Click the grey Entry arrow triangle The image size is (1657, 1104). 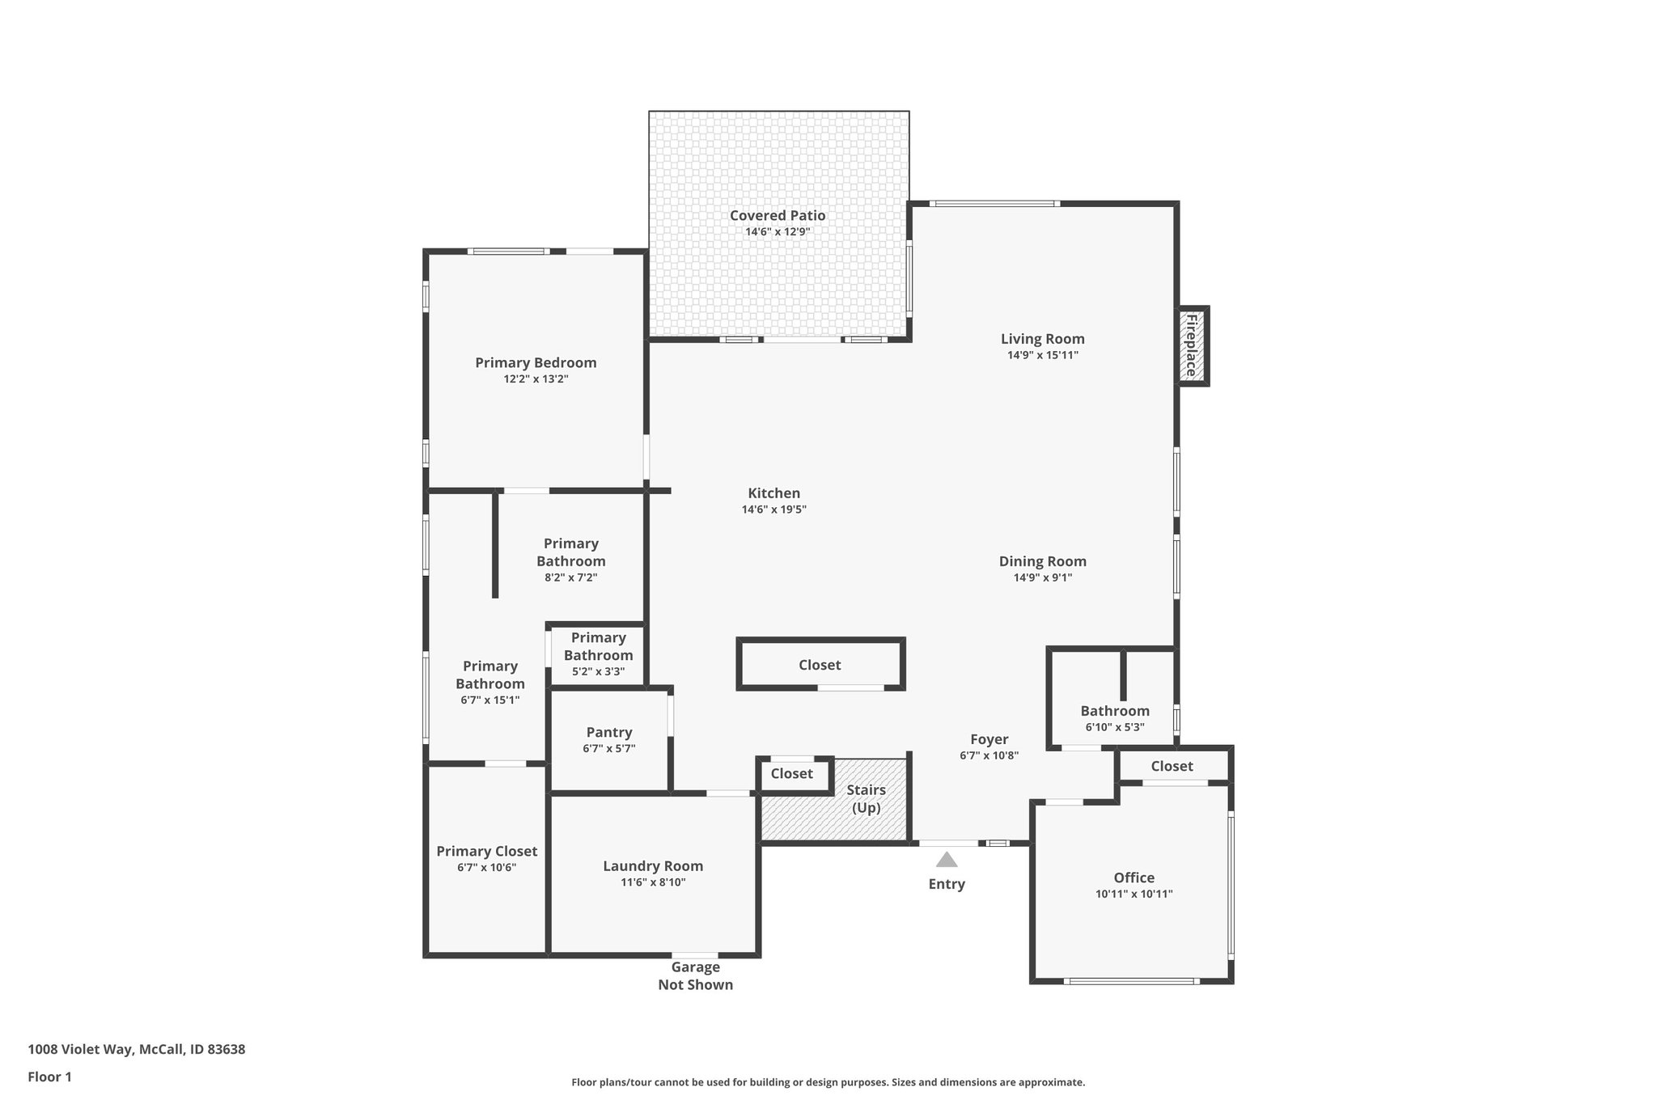coord(946,860)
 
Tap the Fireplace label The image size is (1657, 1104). coord(1191,345)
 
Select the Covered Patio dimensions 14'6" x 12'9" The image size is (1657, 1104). coord(778,232)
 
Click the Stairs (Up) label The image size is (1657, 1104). coord(866,799)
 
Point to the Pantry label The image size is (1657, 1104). coord(609,733)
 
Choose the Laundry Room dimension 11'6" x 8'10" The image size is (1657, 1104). coord(653,882)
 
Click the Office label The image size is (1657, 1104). coord(1134,878)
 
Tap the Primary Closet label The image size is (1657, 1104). coord(486,851)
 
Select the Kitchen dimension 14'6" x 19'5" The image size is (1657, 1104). coord(773,510)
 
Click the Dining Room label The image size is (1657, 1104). coord(1042,561)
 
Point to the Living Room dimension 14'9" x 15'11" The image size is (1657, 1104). coord(1042,355)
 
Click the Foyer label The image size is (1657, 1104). coord(989,739)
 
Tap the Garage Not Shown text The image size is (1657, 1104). coord(695,975)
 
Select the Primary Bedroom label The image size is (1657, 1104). coord(536,363)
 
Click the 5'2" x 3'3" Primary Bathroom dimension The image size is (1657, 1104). coord(598,671)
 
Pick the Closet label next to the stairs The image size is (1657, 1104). coord(791,774)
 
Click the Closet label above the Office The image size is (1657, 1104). coord(1172,766)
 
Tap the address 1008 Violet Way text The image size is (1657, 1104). coord(136,1049)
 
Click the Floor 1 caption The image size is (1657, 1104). coord(49,1077)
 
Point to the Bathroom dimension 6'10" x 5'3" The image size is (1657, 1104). coord(1114,727)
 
